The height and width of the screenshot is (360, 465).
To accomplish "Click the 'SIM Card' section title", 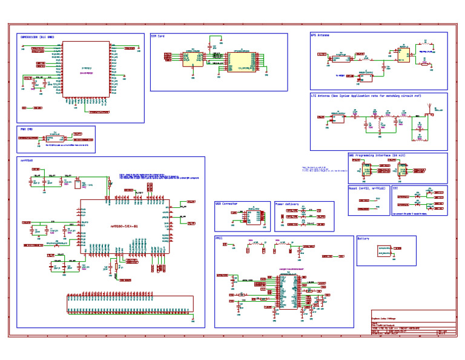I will (x=158, y=36).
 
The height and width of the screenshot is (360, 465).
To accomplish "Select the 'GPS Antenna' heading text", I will (x=320, y=36).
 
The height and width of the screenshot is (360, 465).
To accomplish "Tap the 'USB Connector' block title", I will (x=226, y=204).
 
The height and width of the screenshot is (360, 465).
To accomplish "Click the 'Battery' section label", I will (x=364, y=239).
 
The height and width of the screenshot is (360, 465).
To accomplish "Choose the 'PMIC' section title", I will (x=219, y=239).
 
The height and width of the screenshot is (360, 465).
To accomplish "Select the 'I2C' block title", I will (x=395, y=188).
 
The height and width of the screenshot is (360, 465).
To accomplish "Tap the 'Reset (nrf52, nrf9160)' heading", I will (x=368, y=188).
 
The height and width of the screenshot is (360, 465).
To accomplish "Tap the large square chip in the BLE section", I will (x=87, y=68).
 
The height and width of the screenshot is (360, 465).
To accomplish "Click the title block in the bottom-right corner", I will (x=412, y=323).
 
